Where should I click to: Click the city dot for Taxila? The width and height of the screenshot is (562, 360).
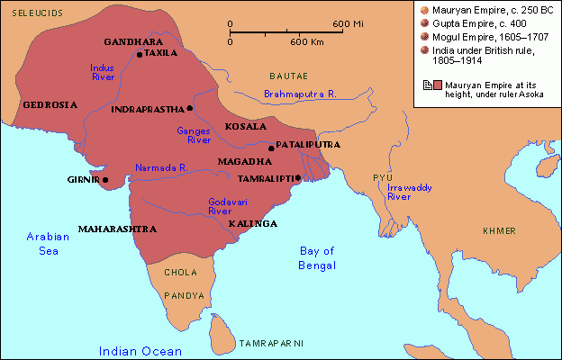pos(140,54)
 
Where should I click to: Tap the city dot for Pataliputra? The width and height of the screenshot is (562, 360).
pos(271,147)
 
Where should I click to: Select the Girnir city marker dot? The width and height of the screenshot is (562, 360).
pos(105,179)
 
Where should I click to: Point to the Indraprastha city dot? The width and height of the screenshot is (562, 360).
pos(190,109)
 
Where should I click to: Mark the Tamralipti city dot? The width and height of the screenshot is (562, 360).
pos(297,177)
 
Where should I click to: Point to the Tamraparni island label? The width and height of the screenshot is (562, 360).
pos(271,344)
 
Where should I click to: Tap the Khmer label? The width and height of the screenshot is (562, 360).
pos(499,231)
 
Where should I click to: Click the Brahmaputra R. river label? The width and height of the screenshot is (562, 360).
pos(300,94)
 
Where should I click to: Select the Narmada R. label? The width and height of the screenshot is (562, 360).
pos(160,167)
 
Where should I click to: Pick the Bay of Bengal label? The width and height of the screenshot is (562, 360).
pos(317,257)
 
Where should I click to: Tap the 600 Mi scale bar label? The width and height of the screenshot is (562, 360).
pos(344,22)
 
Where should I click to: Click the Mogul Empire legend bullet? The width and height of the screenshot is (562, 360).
pos(423,36)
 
